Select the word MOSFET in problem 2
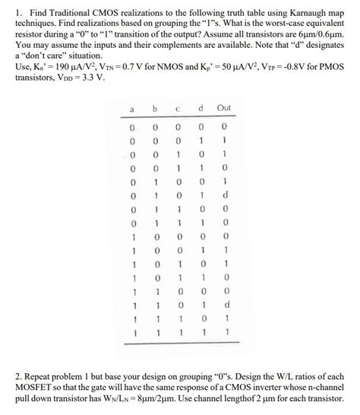25,390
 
